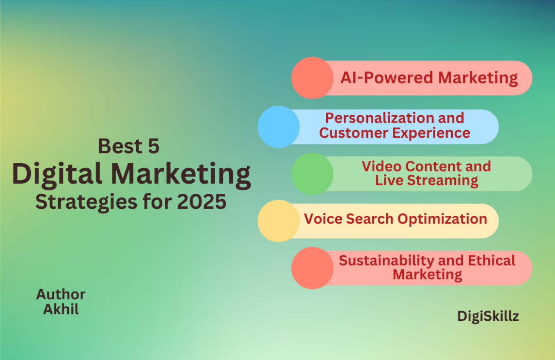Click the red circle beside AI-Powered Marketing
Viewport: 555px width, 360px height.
tap(312, 78)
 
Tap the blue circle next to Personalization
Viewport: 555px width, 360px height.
tap(279, 127)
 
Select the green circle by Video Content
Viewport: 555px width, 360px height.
tap(312, 174)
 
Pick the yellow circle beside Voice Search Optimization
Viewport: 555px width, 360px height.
tap(279, 221)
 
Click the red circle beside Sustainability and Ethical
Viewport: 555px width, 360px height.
tap(312, 268)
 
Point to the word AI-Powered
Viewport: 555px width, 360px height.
tap(387, 78)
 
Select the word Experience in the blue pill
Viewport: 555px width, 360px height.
tap(432, 133)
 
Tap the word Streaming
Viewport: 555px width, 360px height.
tap(443, 181)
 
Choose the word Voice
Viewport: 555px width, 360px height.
tap(323, 219)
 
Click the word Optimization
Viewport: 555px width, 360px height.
tap(442, 219)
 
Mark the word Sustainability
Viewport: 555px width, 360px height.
tap(386, 261)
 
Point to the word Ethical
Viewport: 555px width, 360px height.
tap(491, 261)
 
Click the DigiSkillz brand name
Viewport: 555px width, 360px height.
tap(488, 316)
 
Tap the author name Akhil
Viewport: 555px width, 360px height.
tap(61, 309)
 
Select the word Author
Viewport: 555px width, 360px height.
tap(61, 294)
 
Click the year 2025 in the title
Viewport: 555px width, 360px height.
tap(202, 202)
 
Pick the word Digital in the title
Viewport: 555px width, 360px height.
tap(57, 174)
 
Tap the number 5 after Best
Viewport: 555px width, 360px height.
tap(154, 146)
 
